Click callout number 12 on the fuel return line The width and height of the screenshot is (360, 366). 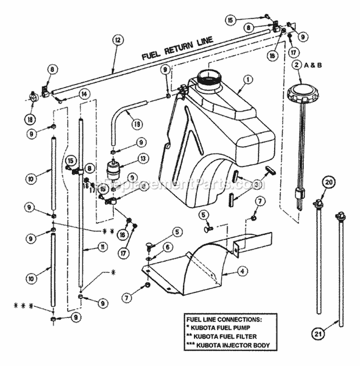tap(116, 40)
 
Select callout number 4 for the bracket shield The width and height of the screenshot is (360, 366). tap(243, 271)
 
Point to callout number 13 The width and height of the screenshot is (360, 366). tap(142, 158)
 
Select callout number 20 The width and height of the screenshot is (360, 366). tap(328, 182)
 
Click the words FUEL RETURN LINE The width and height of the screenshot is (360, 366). tap(178, 48)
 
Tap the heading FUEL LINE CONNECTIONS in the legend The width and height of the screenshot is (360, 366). tap(223, 319)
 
